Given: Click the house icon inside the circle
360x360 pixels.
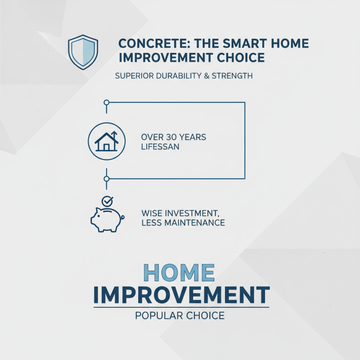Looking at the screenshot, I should coord(106,141).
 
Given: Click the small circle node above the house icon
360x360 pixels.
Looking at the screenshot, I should coord(106,103).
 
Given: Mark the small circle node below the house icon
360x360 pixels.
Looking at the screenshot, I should coord(106,179).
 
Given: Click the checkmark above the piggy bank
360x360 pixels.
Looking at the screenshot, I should coord(107,201).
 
